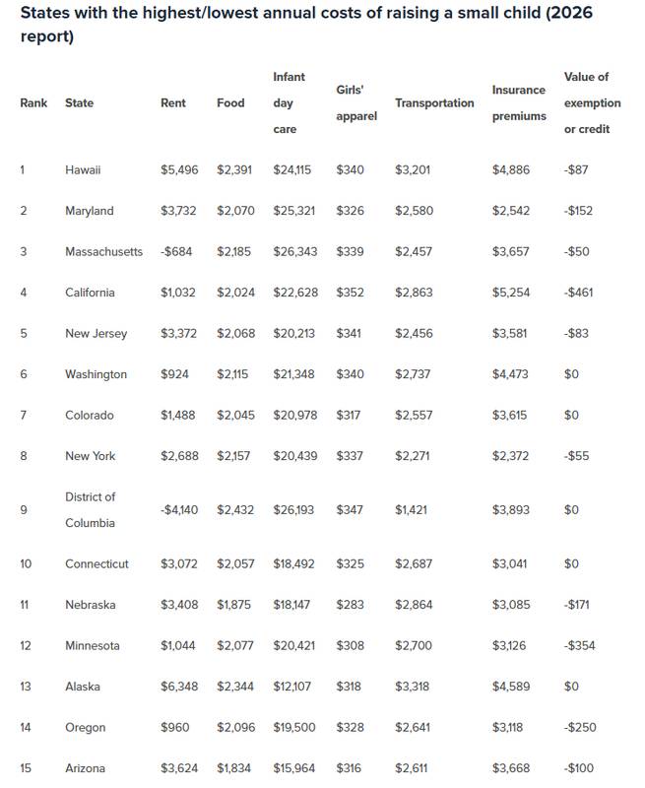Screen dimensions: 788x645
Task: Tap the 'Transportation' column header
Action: [x=434, y=102]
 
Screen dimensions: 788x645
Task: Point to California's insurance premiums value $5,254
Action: [x=510, y=293]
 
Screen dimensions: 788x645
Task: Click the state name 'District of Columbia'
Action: [x=91, y=509]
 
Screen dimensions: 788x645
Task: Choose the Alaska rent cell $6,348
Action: [x=179, y=687]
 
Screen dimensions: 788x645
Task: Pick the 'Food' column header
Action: [x=230, y=102]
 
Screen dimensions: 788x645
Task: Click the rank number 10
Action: [x=26, y=563]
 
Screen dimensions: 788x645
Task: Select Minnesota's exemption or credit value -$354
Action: [x=579, y=645]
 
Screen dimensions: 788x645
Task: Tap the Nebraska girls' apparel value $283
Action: [x=350, y=605]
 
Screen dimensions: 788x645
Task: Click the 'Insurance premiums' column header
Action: [x=518, y=102]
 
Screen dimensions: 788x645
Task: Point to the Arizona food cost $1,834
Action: [x=235, y=768]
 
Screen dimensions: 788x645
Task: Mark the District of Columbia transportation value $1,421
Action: [x=413, y=510]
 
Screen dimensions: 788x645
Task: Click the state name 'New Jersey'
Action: [x=96, y=333]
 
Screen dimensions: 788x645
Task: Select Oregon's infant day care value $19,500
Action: [x=294, y=727]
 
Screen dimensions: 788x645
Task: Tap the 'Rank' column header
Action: [x=33, y=102]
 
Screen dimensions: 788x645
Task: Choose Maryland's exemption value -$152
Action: [x=578, y=211]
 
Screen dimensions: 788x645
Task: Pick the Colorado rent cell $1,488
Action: [x=179, y=415]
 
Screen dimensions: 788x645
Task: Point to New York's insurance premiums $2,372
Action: [x=510, y=456]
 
